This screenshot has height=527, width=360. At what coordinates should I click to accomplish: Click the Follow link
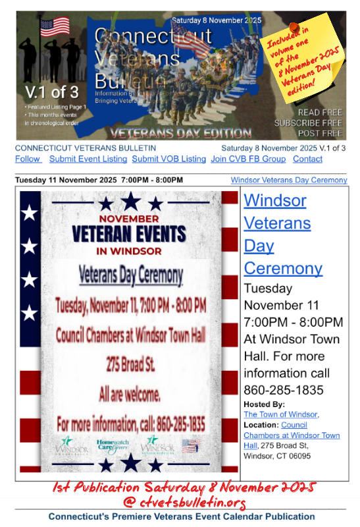(28, 159)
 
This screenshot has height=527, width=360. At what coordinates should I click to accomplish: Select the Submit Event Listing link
(88, 159)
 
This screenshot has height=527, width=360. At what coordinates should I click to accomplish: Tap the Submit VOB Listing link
(168, 159)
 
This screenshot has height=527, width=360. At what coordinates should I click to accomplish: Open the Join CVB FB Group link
(248, 159)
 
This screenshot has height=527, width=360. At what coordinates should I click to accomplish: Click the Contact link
(307, 159)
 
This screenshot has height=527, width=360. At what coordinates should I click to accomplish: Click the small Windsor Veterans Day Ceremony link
(289, 180)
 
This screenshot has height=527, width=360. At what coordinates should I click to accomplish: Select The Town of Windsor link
(281, 414)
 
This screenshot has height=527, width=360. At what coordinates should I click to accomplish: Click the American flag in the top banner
(55, 26)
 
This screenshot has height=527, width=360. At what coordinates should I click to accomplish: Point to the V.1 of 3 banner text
(51, 91)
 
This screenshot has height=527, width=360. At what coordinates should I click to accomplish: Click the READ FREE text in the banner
(320, 113)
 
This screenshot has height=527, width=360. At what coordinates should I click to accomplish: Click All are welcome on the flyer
(130, 395)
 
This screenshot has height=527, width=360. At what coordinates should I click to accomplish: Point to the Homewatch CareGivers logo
(112, 446)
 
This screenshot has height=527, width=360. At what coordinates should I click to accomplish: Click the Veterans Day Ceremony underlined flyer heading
(131, 274)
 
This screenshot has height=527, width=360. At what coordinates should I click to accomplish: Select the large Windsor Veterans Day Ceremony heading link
(283, 234)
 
